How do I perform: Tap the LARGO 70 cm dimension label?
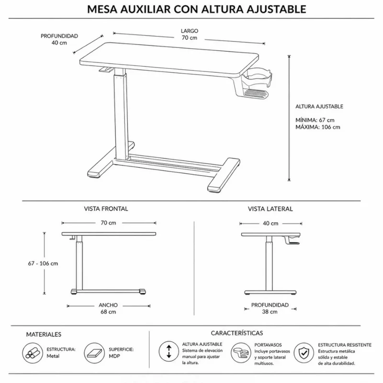click(189, 34)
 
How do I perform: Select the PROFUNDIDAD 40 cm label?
click(59, 39)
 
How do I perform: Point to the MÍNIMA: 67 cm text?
click(315, 120)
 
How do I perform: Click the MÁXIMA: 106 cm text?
click(318, 127)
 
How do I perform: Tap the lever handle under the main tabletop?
click(106, 70)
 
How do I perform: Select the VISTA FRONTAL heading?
click(106, 209)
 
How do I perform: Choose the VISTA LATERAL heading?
click(270, 209)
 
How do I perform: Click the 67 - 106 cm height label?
click(43, 263)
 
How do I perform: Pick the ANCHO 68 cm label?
click(108, 308)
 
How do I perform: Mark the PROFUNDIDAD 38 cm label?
click(270, 308)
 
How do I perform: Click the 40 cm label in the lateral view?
click(270, 223)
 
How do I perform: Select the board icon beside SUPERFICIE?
click(94, 353)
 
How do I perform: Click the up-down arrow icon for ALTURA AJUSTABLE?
click(169, 351)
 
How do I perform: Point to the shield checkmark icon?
click(304, 353)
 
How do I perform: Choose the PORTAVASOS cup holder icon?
click(241, 353)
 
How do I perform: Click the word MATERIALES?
click(44, 334)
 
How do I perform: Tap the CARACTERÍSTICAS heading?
click(237, 333)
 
